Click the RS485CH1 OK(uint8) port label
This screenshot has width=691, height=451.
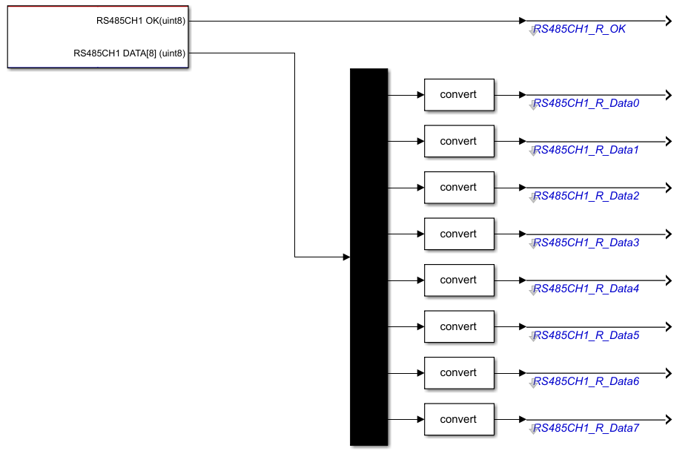click(x=141, y=21)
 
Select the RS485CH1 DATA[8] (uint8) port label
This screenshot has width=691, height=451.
click(x=130, y=53)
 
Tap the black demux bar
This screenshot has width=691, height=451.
click(x=369, y=257)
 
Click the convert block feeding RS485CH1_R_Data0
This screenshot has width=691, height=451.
click(x=459, y=95)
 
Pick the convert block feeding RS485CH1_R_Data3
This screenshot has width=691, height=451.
click(x=459, y=234)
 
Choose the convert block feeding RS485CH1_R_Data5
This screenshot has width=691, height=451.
click(x=459, y=326)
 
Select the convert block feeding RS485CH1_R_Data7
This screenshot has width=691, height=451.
click(x=459, y=419)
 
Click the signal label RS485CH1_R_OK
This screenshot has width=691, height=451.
click(x=579, y=29)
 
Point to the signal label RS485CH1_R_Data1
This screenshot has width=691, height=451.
click(x=586, y=150)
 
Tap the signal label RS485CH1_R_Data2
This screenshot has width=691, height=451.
click(x=586, y=196)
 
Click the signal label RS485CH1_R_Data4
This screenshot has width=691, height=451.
click(x=586, y=289)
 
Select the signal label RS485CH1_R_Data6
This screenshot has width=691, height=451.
click(x=586, y=381)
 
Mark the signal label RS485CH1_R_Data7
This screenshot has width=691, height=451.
click(x=586, y=428)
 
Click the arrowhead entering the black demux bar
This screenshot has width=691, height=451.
click(x=346, y=257)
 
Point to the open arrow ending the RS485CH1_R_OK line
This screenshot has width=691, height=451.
click(x=669, y=21)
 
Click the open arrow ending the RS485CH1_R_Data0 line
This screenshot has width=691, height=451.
click(x=669, y=95)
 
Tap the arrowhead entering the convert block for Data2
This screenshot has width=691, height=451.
click(x=420, y=188)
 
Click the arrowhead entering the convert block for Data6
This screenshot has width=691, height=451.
click(x=420, y=373)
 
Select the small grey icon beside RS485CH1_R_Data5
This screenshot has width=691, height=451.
click(x=533, y=336)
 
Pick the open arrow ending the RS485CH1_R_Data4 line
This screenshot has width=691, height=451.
click(x=669, y=280)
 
